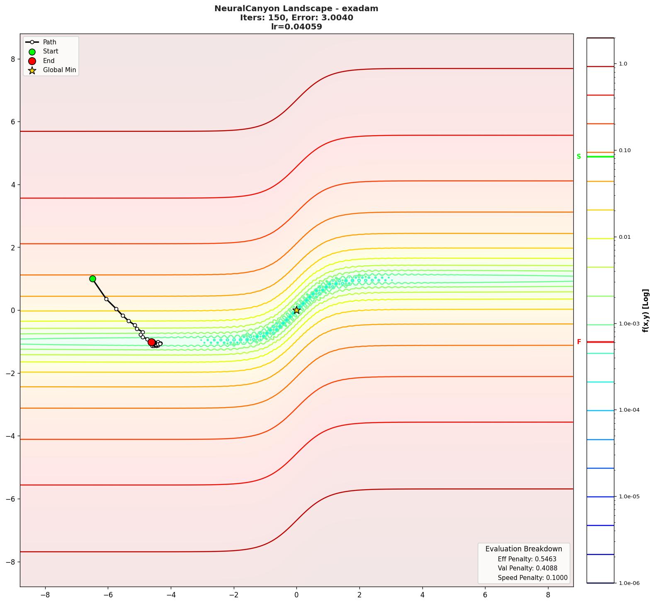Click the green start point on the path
point(92,279)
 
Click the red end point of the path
point(152,342)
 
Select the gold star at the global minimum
point(296,310)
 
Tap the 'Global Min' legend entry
point(59,70)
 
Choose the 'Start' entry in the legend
point(51,51)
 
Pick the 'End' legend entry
point(49,61)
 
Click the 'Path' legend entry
point(49,42)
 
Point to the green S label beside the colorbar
point(579,157)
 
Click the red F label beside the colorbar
point(579,342)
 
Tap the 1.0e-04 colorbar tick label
point(629,410)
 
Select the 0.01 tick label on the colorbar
point(625,237)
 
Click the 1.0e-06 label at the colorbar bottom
point(629,583)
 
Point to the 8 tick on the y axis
point(13,59)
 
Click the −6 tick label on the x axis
point(108,595)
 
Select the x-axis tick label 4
point(422,595)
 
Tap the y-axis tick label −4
point(10,436)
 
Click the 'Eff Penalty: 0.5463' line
point(527,559)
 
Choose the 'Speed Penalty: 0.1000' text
point(532,578)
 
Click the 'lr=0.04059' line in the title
point(296,27)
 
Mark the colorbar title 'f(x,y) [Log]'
point(645,310)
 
